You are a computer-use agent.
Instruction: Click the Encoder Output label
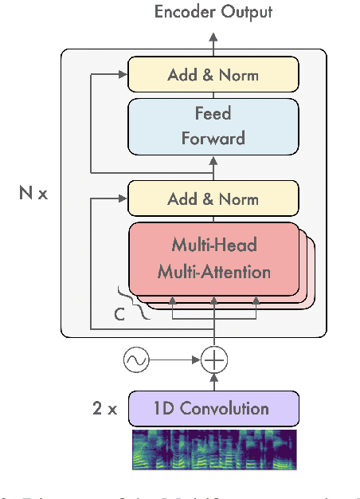click(x=213, y=12)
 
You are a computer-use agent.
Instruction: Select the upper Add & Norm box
click(x=213, y=76)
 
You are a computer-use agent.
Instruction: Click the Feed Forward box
click(x=213, y=126)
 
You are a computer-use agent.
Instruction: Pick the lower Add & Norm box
click(x=213, y=198)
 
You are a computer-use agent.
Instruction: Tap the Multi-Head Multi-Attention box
click(x=213, y=259)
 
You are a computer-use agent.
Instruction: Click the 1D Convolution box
click(x=213, y=409)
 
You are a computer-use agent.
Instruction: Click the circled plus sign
click(x=213, y=360)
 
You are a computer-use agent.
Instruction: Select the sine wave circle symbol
click(x=136, y=360)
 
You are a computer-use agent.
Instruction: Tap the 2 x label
click(x=104, y=410)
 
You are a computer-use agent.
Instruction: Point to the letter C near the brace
click(x=119, y=314)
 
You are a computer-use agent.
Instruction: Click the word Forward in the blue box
click(x=213, y=138)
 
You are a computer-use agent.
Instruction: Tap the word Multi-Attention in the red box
click(x=213, y=272)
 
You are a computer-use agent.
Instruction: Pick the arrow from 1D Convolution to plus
click(x=213, y=383)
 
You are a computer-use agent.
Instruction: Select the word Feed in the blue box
click(x=213, y=114)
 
